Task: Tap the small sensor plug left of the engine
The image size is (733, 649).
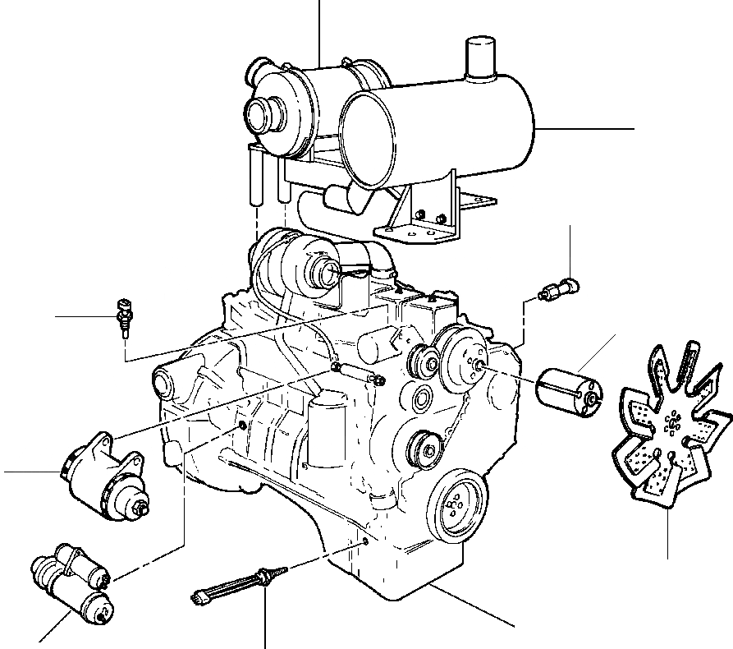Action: click(x=124, y=316)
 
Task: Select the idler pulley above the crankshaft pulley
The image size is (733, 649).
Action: click(x=424, y=449)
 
